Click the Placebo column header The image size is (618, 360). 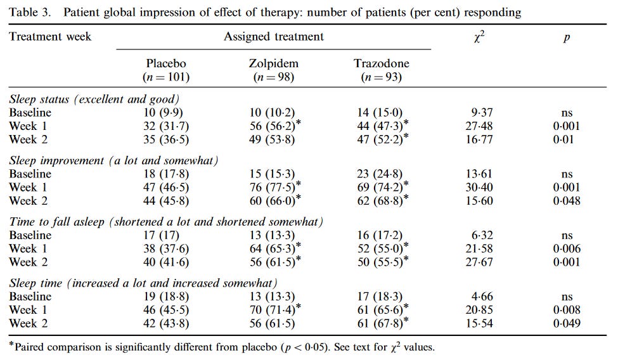pyautogui.click(x=166, y=64)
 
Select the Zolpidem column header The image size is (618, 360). pyautogui.click(x=274, y=64)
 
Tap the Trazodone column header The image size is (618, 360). pyautogui.click(x=381, y=64)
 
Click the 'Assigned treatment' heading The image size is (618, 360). pyautogui.click(x=273, y=37)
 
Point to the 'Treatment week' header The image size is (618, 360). pyautogui.click(x=50, y=37)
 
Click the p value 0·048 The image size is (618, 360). pyautogui.click(x=566, y=201)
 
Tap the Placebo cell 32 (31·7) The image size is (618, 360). pyautogui.click(x=166, y=126)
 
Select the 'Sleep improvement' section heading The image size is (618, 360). pyautogui.click(x=113, y=161)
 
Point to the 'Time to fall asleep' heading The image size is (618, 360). pyautogui.click(x=166, y=222)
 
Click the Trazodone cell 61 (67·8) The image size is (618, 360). pyautogui.click(x=378, y=323)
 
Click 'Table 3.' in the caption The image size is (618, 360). pyautogui.click(x=29, y=12)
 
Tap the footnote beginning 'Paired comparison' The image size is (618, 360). pyautogui.click(x=222, y=347)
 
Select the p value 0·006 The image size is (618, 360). pyautogui.click(x=566, y=249)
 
